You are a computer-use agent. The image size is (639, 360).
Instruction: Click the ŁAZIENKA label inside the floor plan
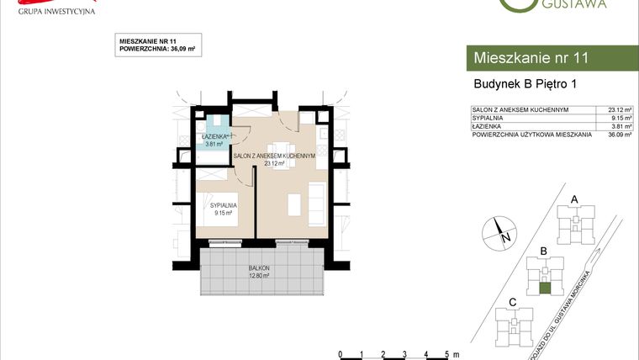click(x=212, y=136)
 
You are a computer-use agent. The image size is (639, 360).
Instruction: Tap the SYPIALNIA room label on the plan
click(x=224, y=204)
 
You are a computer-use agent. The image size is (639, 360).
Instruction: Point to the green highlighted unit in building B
click(x=545, y=288)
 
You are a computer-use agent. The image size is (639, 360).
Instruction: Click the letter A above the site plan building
click(x=574, y=199)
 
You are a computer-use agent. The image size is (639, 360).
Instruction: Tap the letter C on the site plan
click(x=512, y=302)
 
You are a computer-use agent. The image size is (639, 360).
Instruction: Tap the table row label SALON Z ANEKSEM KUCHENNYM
click(x=521, y=109)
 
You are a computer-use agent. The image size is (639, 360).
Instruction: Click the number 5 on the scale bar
click(x=446, y=352)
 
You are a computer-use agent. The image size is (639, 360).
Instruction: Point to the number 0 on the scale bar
click(x=339, y=352)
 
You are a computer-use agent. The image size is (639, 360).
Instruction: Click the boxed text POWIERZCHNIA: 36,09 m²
click(x=157, y=50)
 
